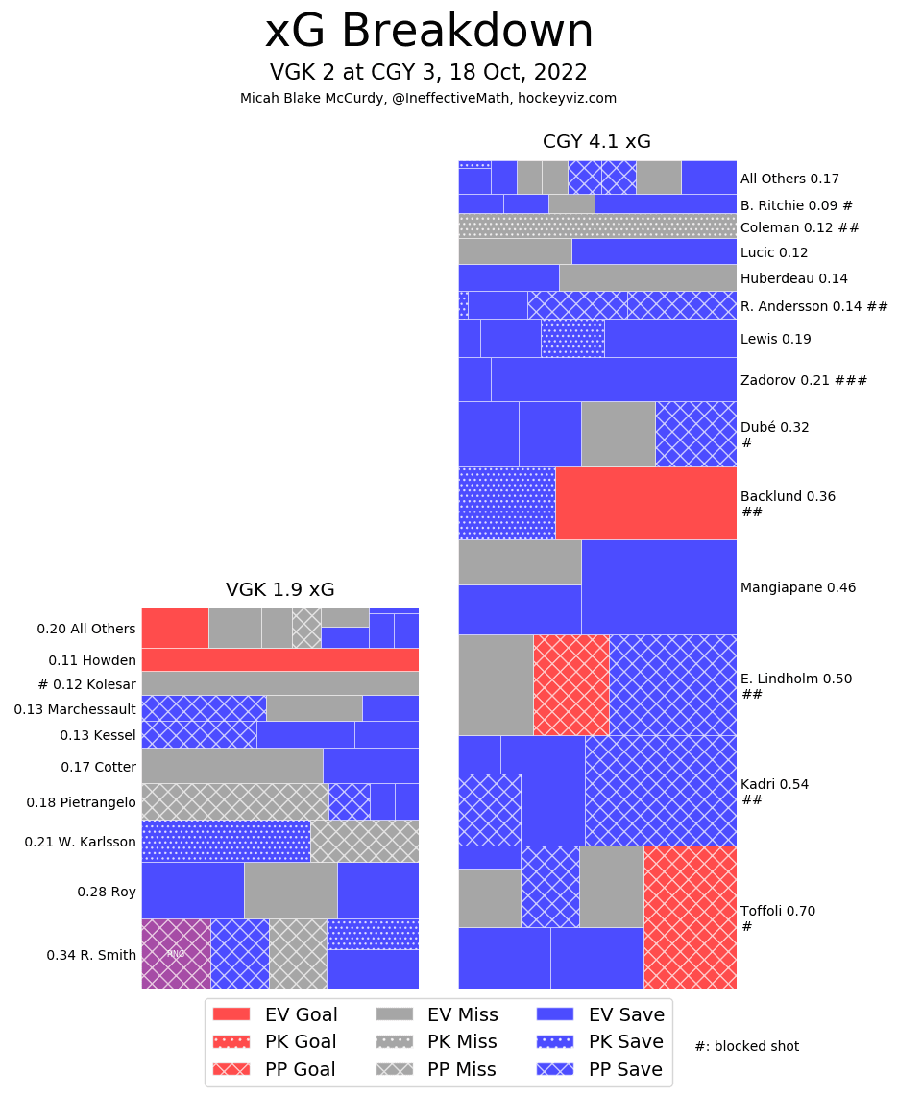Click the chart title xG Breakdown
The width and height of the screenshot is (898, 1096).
coord(428,32)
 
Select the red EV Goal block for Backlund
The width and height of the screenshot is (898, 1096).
coord(645,503)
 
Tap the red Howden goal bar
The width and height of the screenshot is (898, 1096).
coord(279,659)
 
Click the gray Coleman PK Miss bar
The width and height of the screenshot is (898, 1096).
coord(596,226)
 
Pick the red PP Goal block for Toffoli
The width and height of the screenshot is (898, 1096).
coord(690,917)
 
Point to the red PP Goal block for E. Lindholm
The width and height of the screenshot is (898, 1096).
coord(570,684)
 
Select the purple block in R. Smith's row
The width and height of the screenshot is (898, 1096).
coord(176,953)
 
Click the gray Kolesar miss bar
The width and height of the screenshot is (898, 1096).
coord(279,683)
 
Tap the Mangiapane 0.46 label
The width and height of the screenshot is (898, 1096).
coord(797,587)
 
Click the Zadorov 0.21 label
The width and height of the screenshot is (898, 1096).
coord(803,380)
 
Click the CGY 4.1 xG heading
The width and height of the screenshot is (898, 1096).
coord(596,142)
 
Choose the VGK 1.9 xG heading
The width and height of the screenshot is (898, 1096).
coord(279,590)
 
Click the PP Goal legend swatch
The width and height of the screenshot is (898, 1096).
coord(231,1069)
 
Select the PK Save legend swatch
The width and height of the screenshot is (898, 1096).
coord(553,1041)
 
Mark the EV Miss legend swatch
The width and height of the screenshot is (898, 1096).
coord(392,1013)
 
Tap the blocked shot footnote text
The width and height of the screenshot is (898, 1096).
coord(746,1046)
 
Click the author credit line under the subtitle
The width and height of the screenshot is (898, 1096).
coord(428,98)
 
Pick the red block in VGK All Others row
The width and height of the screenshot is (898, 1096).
coord(175,628)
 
